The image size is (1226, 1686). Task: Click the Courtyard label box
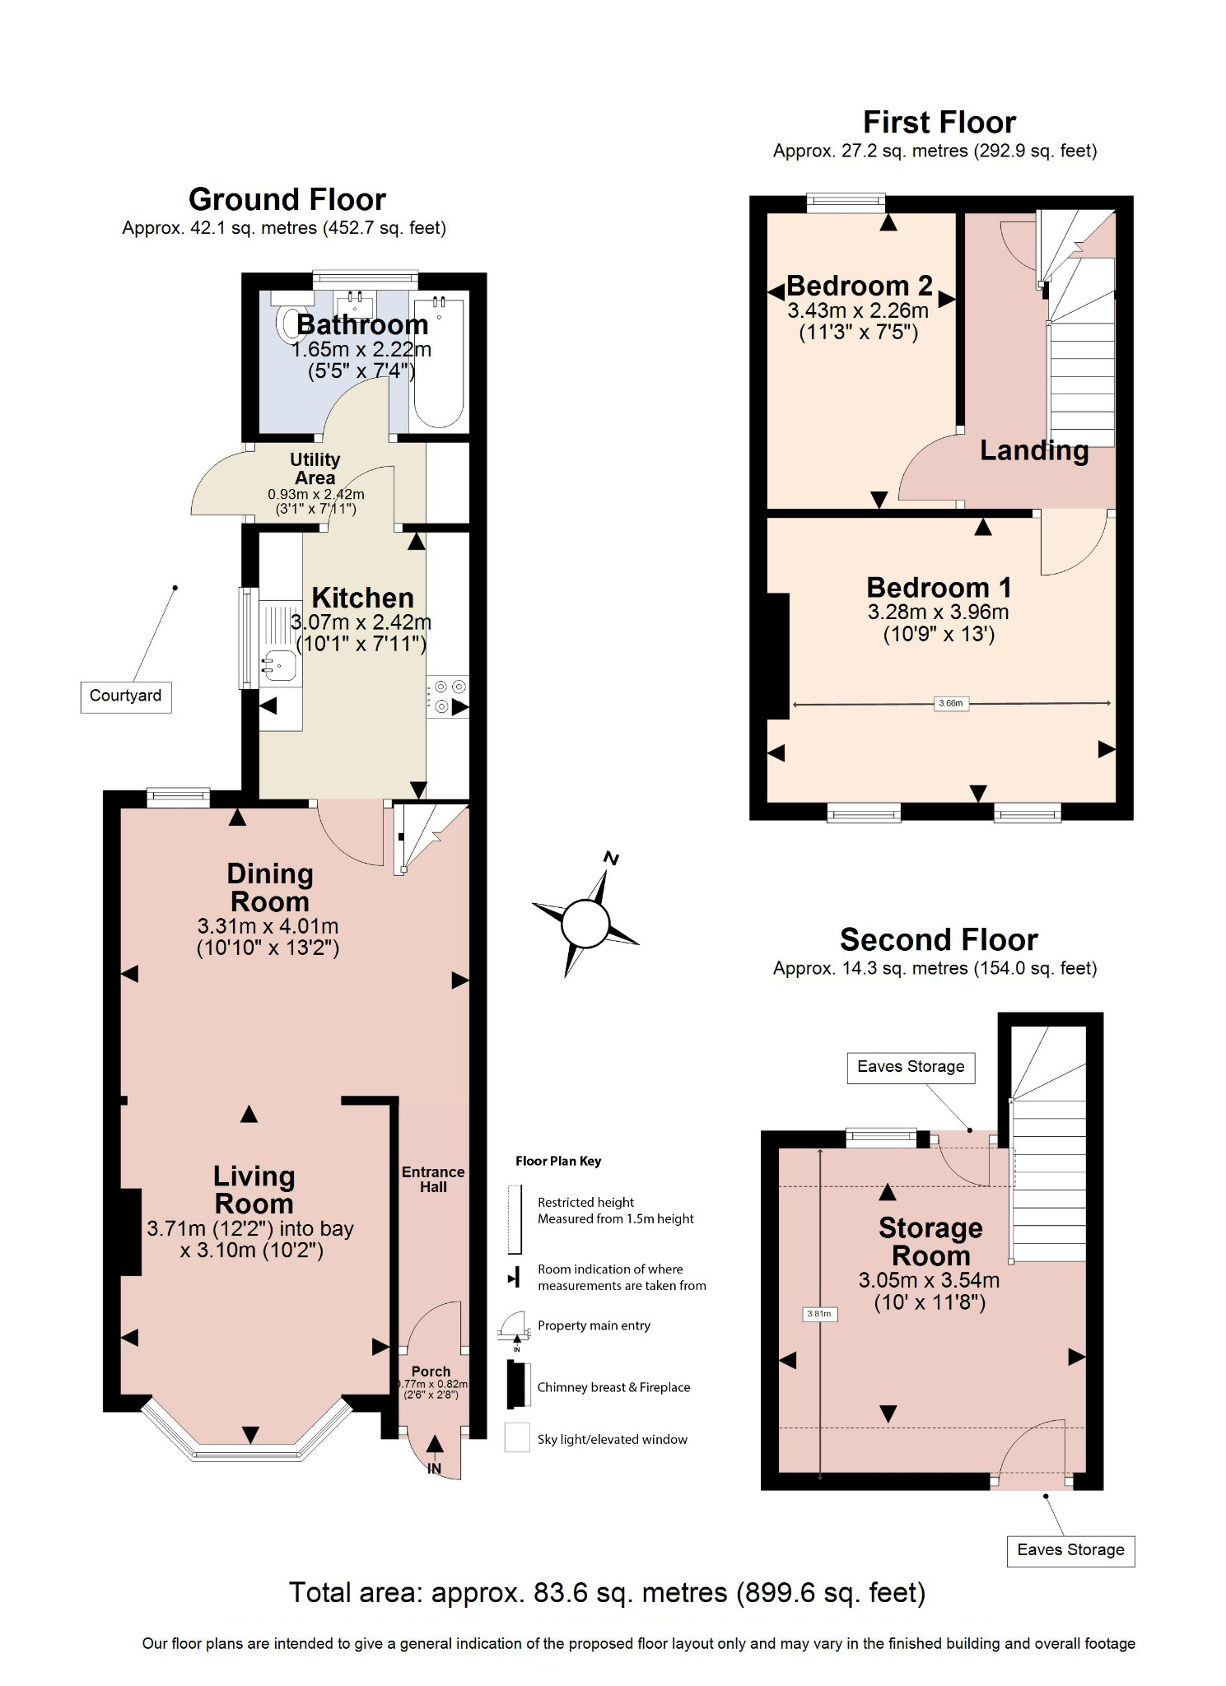[125, 696]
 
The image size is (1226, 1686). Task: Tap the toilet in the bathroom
[287, 323]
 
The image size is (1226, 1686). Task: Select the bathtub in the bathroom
[439, 362]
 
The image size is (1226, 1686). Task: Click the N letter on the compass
[611, 859]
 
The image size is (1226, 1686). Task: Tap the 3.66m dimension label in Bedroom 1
[950, 703]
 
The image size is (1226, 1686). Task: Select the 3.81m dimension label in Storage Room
[818, 1314]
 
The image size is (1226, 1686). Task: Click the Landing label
[1034, 450]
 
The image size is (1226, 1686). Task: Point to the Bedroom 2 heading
[859, 286]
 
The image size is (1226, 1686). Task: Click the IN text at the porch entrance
[434, 1469]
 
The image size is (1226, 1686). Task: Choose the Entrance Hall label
[433, 1179]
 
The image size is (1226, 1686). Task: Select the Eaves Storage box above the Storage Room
[911, 1067]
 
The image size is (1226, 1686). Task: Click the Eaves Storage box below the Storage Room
[1070, 1550]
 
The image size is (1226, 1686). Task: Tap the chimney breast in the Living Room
[131, 1232]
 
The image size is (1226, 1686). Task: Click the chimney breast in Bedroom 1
[777, 656]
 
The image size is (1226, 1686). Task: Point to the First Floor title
[939, 123]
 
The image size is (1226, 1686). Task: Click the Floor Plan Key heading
[558, 1161]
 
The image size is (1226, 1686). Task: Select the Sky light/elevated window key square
[517, 1438]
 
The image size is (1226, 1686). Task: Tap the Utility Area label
[315, 468]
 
